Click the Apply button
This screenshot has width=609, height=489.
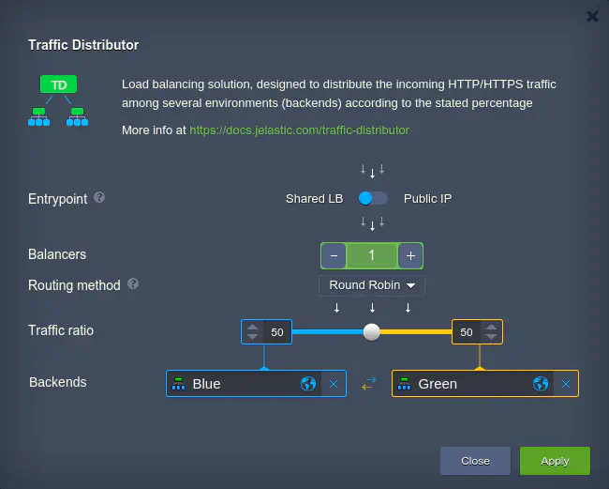pos(555,461)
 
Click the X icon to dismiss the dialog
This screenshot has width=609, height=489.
pos(592,16)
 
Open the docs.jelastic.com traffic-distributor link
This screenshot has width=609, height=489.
pos(299,130)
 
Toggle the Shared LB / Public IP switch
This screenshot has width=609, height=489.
pos(373,198)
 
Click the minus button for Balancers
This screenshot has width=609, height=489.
pos(334,255)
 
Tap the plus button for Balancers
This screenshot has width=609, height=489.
pos(410,255)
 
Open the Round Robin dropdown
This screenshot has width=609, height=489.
pos(372,285)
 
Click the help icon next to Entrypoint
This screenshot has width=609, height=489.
pos(99,198)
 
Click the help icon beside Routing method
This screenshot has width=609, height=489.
pos(133,284)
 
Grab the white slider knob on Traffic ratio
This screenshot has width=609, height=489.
pos(372,332)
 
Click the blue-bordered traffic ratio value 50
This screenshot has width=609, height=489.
pos(277,332)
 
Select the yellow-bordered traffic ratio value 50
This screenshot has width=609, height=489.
pos(467,332)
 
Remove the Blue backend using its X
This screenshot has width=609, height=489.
pos(334,384)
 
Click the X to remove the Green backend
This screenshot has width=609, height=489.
pos(566,384)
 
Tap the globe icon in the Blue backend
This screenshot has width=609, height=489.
pos(308,384)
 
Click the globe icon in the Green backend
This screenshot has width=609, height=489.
pos(541,384)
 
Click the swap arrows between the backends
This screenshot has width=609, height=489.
pos(369,384)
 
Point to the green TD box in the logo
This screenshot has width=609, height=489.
pos(59,84)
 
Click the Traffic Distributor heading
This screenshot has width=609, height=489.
pos(83,45)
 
